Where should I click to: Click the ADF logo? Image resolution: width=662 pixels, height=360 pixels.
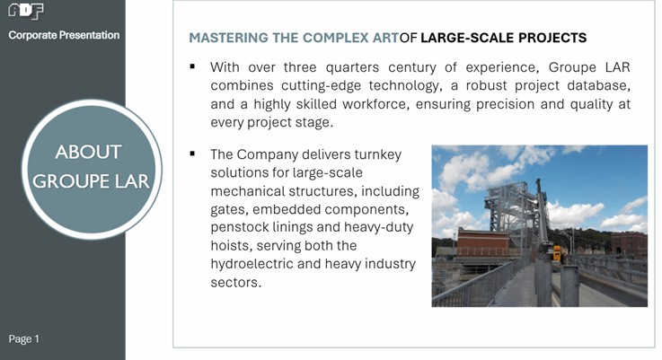[x=26, y=11]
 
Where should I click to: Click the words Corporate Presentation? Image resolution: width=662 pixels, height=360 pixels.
[x=64, y=35]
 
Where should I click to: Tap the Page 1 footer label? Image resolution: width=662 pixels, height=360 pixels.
[x=23, y=338]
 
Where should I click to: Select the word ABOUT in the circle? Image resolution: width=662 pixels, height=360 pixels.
[x=88, y=152]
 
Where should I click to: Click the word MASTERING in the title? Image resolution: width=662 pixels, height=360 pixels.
[x=228, y=38]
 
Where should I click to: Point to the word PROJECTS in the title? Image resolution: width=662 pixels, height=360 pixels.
[x=552, y=38]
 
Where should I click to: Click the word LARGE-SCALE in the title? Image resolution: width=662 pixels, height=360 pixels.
[x=467, y=38]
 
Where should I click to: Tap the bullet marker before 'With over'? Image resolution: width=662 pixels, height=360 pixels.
[x=192, y=66]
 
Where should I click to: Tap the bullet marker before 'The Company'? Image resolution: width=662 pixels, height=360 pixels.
[x=192, y=154]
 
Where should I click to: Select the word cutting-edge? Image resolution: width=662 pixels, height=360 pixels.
[x=321, y=85]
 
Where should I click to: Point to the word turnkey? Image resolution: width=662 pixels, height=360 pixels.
[x=378, y=155]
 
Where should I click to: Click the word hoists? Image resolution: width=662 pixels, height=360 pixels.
[x=232, y=246]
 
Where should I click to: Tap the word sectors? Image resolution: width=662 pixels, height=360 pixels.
[x=236, y=283]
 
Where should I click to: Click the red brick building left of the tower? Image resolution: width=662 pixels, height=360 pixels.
[x=483, y=241]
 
